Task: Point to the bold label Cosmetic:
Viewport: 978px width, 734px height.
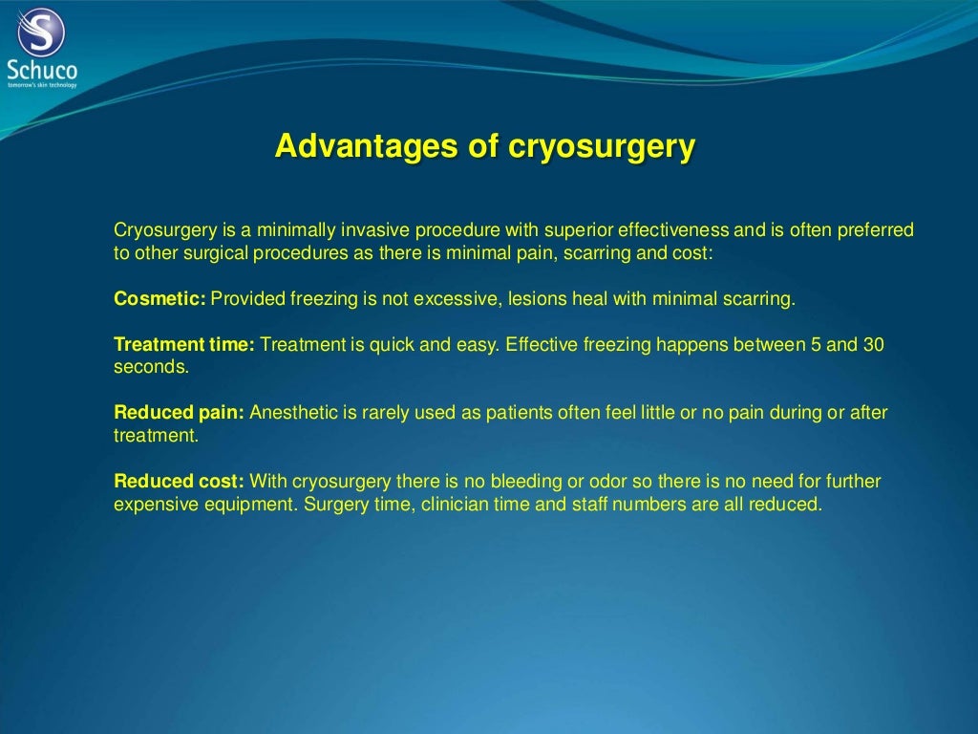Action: pos(159,299)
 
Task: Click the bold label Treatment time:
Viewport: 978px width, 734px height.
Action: pos(183,345)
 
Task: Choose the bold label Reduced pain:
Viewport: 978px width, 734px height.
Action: pos(180,413)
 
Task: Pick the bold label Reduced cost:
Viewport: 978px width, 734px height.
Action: pos(179,481)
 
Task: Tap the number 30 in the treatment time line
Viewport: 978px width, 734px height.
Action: pos(873,345)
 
